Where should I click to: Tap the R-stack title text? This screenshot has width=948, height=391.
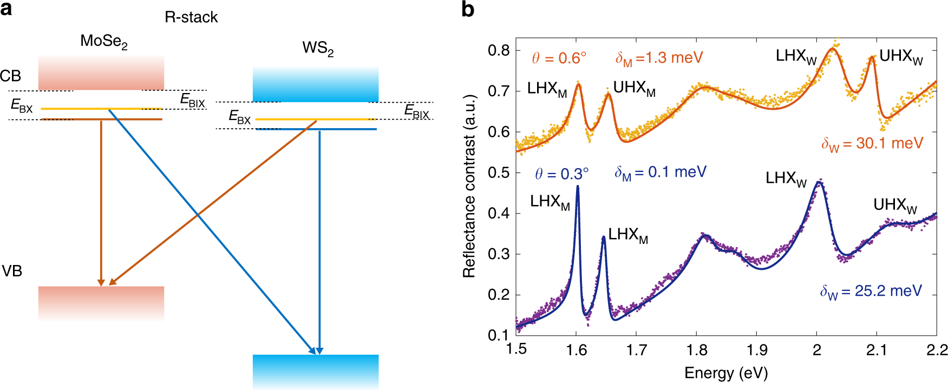coord(191,17)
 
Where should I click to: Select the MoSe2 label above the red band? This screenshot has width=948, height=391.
coord(103,41)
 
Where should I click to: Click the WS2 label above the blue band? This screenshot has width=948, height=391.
coord(318,48)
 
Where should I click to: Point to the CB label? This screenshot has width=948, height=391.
coord(10,76)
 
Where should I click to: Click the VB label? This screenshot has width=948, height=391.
coord(11,271)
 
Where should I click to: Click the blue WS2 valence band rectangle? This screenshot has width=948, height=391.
coord(316,370)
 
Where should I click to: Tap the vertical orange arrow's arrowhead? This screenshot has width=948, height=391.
coord(101,282)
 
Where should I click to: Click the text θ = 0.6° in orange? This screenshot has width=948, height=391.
coord(559,58)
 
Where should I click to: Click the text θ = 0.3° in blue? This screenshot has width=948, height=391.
coord(561,174)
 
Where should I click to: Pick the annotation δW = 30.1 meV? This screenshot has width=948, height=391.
coord(872,144)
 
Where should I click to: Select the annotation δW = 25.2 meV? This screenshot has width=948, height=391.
coord(870,291)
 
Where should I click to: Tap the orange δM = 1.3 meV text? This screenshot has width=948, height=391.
coord(659,58)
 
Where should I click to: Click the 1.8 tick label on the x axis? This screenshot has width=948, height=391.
coord(696,350)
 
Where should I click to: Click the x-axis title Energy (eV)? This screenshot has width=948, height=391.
coord(725,373)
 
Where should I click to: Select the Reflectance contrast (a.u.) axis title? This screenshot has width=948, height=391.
coord(469,187)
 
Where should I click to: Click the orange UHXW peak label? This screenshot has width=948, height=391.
coord(901,56)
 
